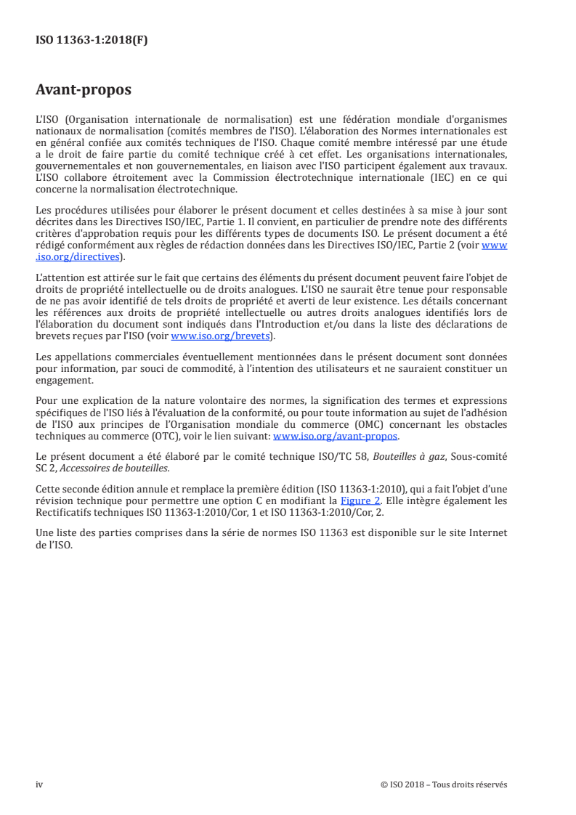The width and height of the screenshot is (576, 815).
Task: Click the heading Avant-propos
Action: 84,90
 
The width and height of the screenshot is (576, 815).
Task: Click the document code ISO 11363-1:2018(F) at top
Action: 92,41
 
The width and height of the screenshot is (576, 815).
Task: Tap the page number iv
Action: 39,784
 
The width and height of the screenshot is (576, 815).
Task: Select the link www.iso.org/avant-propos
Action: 336,436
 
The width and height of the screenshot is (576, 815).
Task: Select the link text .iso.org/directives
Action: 79,256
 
